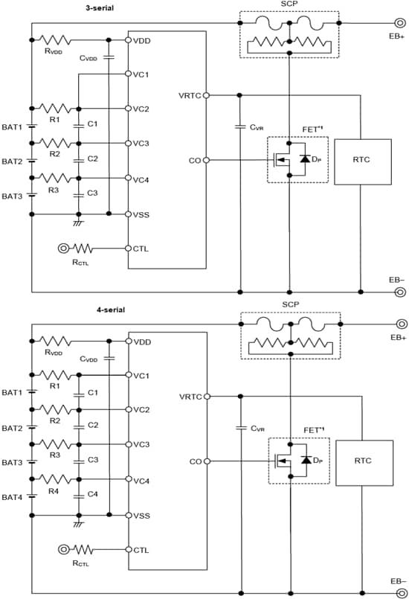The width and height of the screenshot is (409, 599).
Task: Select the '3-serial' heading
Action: [x=99, y=7]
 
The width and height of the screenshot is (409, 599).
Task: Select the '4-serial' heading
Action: [x=99, y=309]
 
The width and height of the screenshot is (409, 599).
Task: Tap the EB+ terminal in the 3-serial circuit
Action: [x=400, y=22]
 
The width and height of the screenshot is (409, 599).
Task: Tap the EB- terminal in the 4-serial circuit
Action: [x=400, y=592]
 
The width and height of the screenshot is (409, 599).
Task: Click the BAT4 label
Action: [x=12, y=497]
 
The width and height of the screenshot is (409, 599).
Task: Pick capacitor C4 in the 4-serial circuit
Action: [x=78, y=495]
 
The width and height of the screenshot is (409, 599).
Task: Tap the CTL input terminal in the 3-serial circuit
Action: [x=63, y=249]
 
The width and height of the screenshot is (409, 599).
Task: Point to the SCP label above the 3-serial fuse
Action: [x=289, y=5]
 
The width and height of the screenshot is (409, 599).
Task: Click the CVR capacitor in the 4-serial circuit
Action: [x=240, y=428]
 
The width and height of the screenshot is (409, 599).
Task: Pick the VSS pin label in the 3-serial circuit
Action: [x=141, y=214]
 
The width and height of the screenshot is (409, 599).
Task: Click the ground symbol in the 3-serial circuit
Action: [x=78, y=222]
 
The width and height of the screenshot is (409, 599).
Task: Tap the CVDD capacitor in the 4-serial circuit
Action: [x=109, y=357]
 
